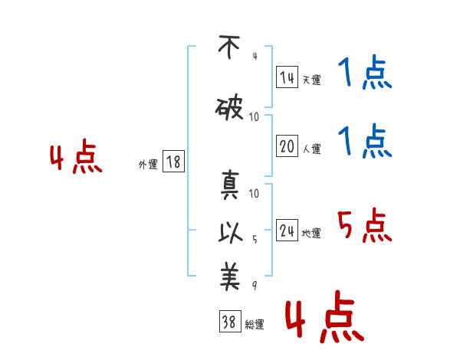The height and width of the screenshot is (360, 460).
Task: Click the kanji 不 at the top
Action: coord(229,47)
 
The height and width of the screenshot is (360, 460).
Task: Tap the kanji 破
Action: coord(229,109)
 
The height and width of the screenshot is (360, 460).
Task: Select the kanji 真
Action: coord(230,185)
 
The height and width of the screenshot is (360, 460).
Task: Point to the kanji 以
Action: coord(230,233)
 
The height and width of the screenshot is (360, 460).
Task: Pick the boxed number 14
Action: coord(287,77)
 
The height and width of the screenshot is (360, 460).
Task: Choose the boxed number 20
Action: coord(287,146)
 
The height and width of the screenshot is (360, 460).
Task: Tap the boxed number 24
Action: coord(287,230)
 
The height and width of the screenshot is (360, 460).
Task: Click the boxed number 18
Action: coord(173,162)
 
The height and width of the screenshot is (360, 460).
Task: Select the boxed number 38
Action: coord(230,321)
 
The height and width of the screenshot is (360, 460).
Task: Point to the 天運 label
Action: coord(311,80)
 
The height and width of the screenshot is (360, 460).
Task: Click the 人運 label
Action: coord(312,149)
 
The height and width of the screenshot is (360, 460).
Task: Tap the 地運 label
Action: coord(311,233)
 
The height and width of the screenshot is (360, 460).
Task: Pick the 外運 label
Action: coord(148,165)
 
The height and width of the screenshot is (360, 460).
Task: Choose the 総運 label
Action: coord(255,325)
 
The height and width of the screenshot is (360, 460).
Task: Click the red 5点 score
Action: coord(364,225)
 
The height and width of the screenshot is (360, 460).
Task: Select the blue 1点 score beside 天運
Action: coord(365,72)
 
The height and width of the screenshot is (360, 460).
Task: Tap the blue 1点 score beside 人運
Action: coord(365,141)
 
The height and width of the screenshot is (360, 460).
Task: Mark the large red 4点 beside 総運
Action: coord(325,316)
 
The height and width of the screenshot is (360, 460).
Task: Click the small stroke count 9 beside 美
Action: coord(255,285)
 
